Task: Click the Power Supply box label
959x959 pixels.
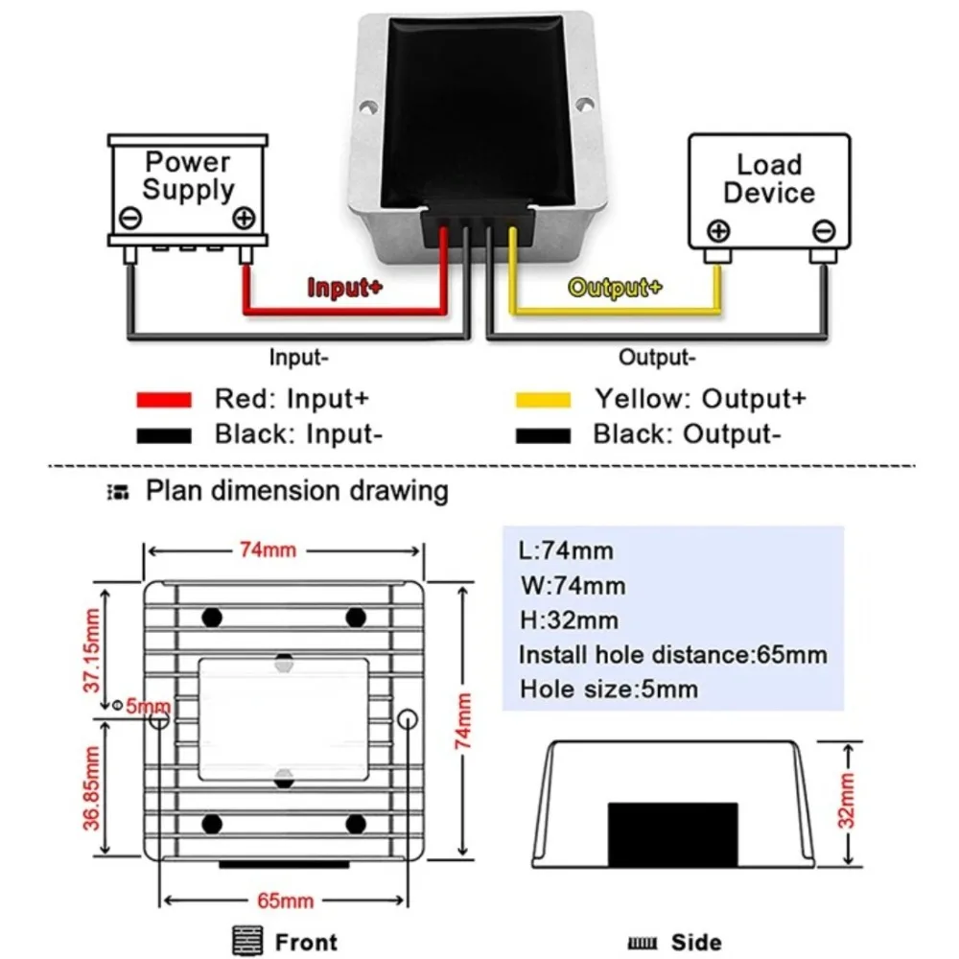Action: (188, 175)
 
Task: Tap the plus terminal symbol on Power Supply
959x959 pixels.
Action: (244, 218)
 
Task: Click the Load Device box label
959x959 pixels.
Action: (768, 178)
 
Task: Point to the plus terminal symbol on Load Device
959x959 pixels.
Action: (718, 230)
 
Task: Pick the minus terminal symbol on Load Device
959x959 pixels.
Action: (823, 230)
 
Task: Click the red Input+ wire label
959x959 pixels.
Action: (345, 287)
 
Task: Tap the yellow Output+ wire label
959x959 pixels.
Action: (615, 287)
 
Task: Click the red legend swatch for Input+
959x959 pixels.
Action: (164, 400)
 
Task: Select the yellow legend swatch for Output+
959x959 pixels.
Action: (543, 400)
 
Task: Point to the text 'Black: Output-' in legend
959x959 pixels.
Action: (683, 434)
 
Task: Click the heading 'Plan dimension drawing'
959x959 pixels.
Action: (296, 491)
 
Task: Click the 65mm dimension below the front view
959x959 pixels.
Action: (285, 901)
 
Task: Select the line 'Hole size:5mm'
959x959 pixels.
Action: (609, 689)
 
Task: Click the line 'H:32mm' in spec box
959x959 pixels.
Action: (569, 620)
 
